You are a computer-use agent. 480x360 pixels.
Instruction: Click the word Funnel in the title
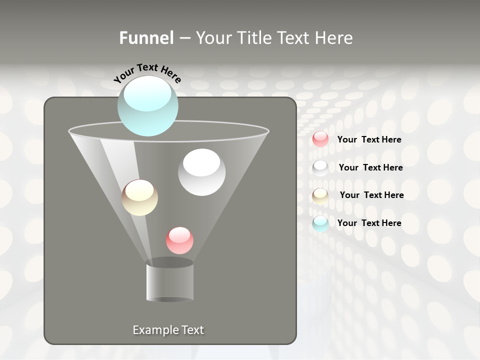tap(146, 38)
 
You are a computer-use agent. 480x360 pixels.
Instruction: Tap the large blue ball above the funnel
tap(148, 106)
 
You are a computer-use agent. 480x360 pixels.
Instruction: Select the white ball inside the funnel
tap(201, 172)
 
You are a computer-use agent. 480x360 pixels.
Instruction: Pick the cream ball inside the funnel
tap(139, 197)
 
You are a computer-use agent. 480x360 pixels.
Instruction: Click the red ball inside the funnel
tap(179, 240)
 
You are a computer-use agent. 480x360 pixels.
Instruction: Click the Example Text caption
tap(168, 330)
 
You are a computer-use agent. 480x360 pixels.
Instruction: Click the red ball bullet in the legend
tap(320, 139)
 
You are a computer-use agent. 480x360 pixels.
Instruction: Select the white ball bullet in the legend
tap(320, 167)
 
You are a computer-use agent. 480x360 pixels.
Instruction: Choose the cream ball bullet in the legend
tap(320, 195)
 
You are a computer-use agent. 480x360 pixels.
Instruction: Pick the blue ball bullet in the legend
tap(320, 223)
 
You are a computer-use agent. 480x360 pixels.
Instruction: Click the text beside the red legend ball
tap(369, 139)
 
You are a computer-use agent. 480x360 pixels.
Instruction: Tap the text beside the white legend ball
tap(370, 167)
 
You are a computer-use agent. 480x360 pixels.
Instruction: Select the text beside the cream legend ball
tap(371, 195)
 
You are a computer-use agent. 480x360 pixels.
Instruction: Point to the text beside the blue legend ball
tap(369, 223)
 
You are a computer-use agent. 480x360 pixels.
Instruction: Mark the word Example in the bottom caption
tap(154, 330)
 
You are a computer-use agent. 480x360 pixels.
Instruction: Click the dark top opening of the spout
tap(169, 262)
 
